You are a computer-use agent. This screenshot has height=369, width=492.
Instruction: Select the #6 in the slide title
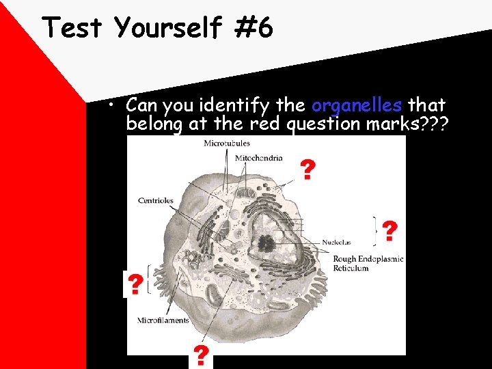point(256,28)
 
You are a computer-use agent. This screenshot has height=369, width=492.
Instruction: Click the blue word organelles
point(357,105)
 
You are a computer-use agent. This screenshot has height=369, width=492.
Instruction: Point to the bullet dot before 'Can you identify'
point(118,106)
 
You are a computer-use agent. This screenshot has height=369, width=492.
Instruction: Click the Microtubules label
point(227,143)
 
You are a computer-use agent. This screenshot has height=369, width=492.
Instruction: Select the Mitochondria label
point(258,158)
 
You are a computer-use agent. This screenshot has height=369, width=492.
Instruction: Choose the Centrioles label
point(156,201)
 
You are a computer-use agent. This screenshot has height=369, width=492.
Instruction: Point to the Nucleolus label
point(337,242)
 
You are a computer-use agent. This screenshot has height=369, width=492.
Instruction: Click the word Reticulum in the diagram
point(351,268)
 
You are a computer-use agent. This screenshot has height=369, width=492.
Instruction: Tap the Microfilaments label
point(164,320)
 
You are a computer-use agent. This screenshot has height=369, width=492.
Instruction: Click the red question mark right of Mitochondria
point(308,169)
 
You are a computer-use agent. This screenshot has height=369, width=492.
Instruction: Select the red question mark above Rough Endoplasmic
point(389,232)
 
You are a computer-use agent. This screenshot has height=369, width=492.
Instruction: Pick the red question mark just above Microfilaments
point(136,284)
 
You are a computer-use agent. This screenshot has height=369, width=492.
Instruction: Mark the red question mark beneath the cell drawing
point(201,355)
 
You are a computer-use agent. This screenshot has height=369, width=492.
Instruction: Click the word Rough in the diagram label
point(346,259)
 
